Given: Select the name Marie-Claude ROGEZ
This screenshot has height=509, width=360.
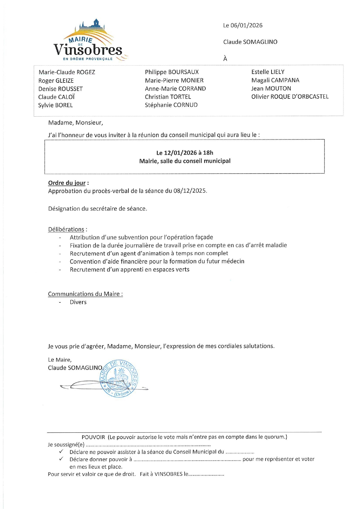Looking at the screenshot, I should coord(67,72).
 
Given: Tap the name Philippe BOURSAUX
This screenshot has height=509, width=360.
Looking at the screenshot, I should coord(172,72).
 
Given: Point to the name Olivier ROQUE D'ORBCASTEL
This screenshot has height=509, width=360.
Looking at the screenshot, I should coord(290,97).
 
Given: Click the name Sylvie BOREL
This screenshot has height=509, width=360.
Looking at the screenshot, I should coord(55,105).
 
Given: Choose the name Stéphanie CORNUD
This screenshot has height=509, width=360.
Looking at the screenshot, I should coord(171,105).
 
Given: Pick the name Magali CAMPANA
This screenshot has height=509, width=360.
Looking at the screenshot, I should coord(275,80).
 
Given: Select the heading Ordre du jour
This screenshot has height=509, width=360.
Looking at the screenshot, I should coord(67,183).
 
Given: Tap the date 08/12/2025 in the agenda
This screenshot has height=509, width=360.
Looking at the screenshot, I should coord(190,191).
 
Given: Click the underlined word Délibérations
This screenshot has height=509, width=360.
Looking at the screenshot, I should coord(66,229).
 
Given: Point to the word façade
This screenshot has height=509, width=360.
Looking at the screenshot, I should coord(203,237).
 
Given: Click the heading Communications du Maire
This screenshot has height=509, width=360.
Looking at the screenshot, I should coord(85,294).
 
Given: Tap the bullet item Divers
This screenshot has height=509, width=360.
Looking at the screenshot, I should coord(78,302).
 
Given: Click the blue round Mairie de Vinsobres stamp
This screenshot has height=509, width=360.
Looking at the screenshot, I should coord(119,379).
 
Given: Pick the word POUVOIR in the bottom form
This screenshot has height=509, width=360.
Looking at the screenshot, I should coord(93,437).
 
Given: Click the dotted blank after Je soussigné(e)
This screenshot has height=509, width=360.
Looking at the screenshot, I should coord(148,445).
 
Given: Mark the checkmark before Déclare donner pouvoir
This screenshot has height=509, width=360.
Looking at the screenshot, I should coord(61,459).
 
